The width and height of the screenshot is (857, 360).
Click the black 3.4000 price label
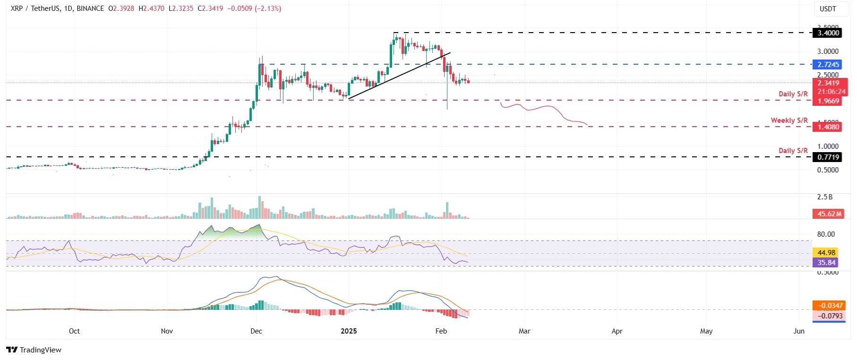coord(828,33)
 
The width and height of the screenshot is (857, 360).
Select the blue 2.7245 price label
coord(828,65)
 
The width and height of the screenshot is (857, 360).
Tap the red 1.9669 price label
coord(828,101)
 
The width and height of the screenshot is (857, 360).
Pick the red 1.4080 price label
coord(828,127)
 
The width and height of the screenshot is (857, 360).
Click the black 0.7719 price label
coord(828,157)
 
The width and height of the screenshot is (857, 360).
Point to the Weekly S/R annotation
coord(789,120)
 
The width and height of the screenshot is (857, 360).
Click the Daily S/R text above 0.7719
coord(793,151)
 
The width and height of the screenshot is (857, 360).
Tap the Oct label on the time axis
coord(74,331)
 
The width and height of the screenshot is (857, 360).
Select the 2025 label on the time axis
coord(349,331)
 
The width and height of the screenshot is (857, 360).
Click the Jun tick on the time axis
coord(798,331)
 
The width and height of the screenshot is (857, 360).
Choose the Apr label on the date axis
coord(617,331)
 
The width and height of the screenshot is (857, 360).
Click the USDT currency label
coord(828,9)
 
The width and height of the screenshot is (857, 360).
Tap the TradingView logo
coord(34,350)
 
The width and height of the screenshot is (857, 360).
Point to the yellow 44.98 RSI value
coord(826,253)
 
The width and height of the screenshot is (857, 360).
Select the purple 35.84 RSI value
coord(826,263)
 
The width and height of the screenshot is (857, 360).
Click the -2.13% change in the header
coord(268,9)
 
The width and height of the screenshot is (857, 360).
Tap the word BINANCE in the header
coord(90,9)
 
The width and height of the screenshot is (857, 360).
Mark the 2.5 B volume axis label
coord(824,197)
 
